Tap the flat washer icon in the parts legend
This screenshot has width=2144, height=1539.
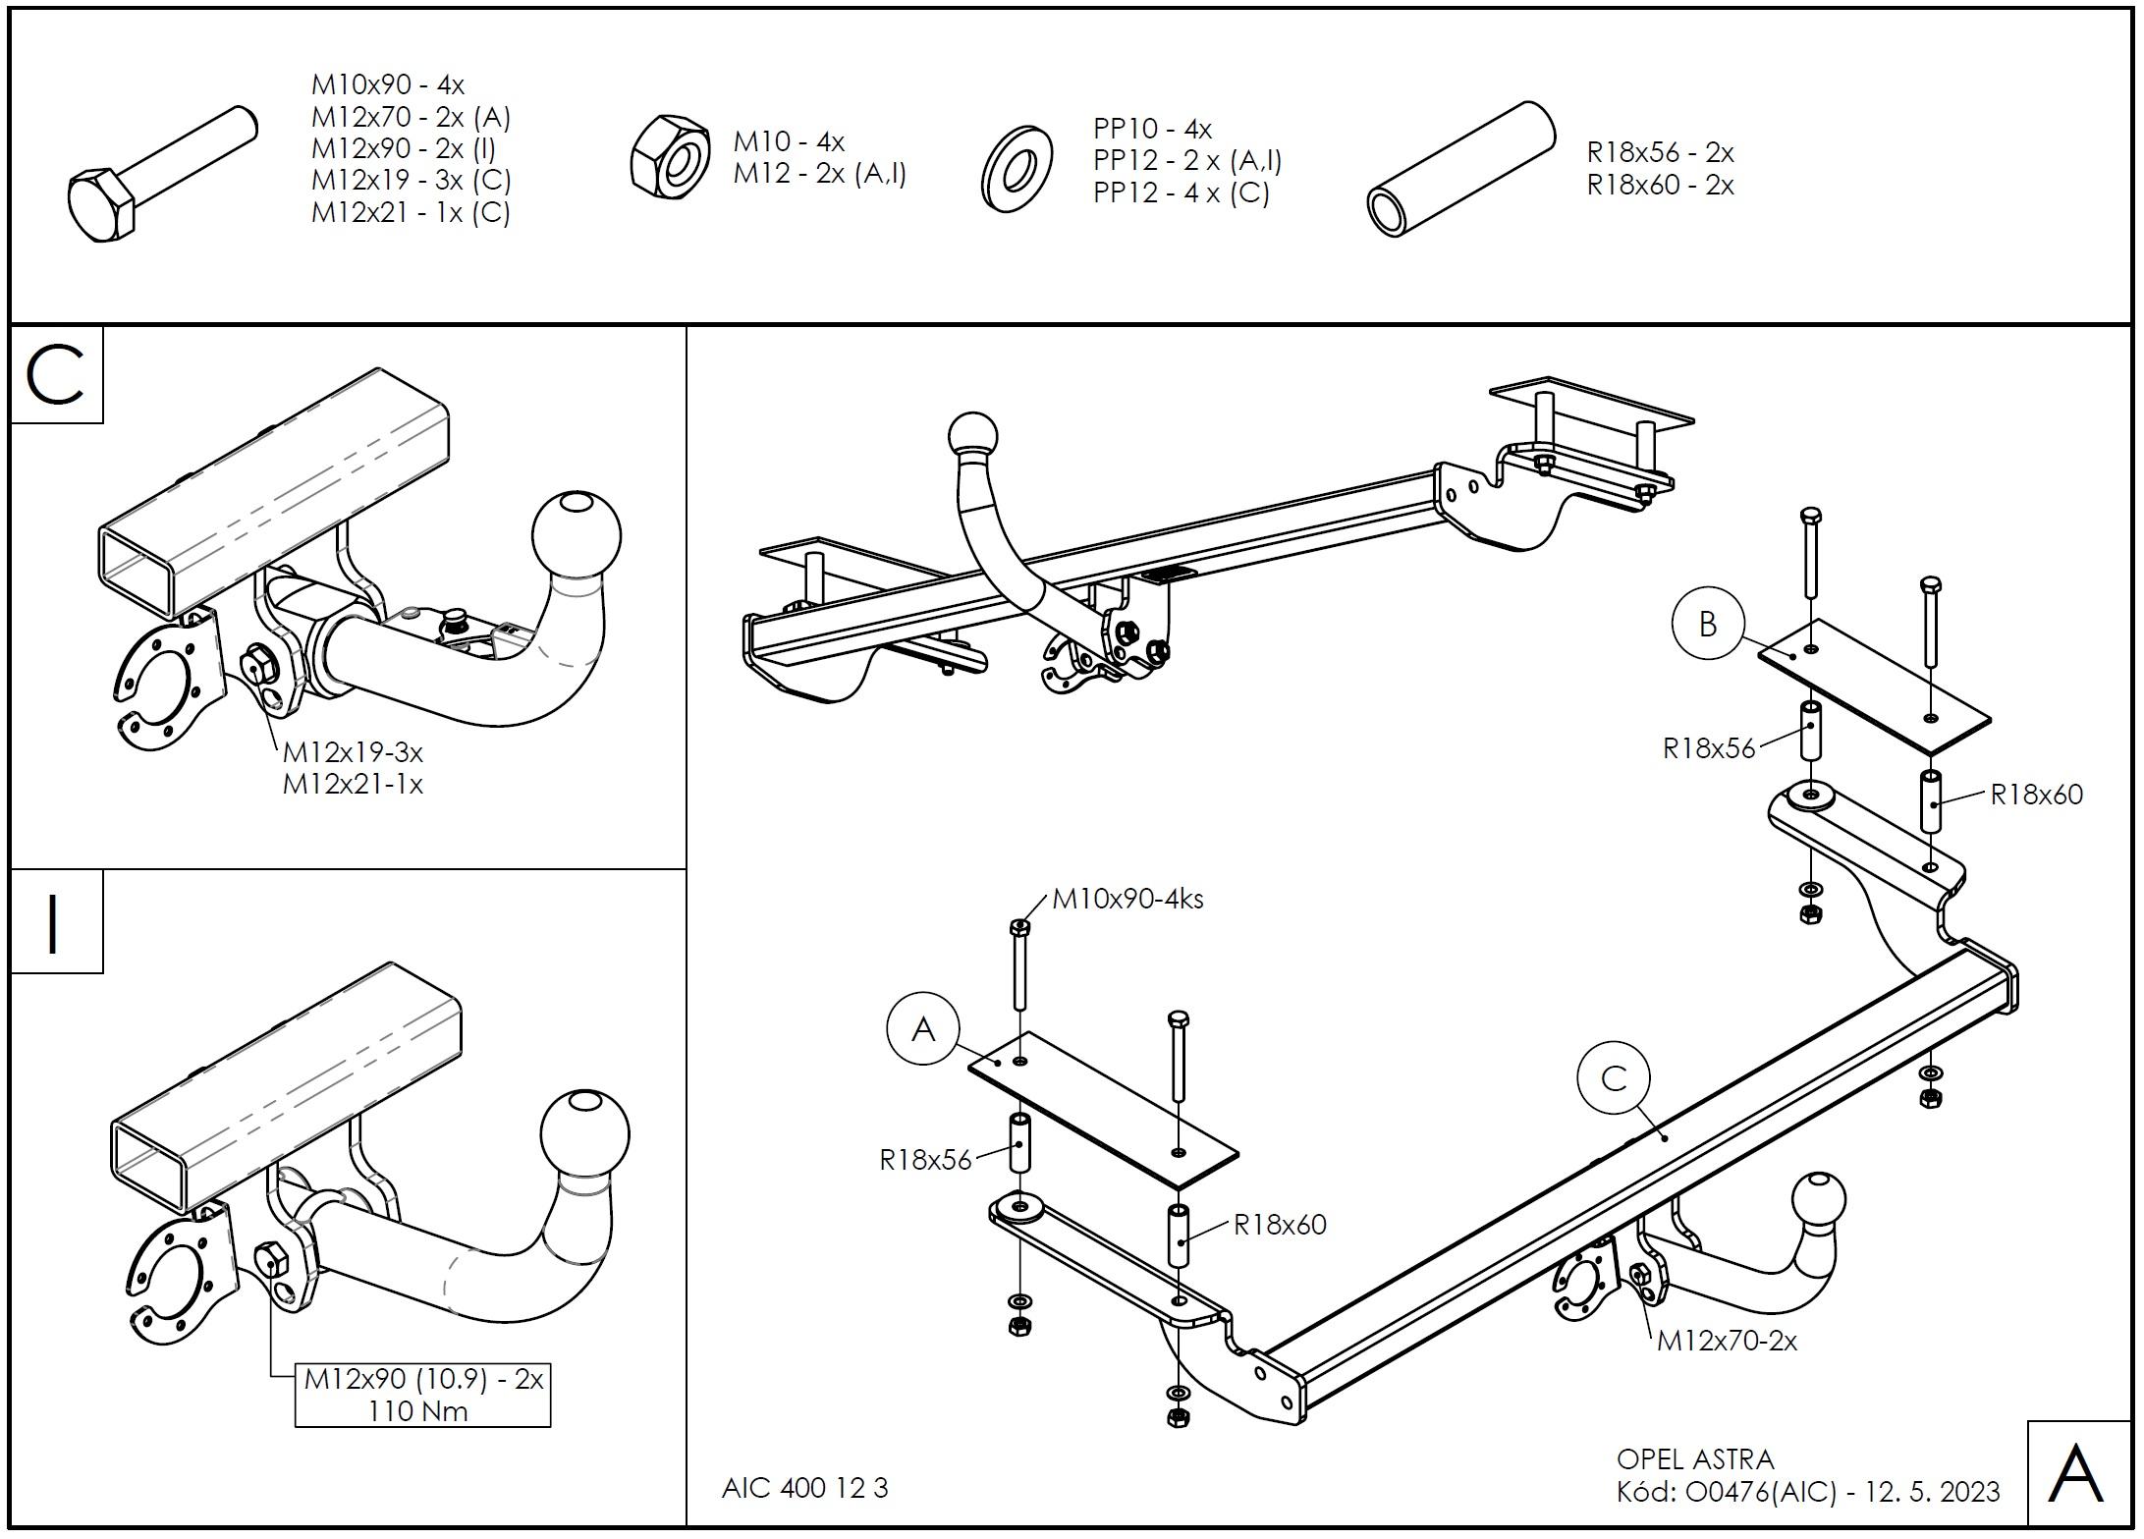[1016, 168]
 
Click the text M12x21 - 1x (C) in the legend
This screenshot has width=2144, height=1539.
[411, 213]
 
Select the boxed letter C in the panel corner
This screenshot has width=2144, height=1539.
[56, 376]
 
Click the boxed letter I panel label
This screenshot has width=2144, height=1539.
[55, 922]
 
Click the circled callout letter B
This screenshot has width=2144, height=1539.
[1708, 623]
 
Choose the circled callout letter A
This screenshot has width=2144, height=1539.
[923, 1029]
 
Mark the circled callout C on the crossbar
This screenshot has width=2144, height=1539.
[1614, 1078]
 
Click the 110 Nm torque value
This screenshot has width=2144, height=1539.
[417, 1411]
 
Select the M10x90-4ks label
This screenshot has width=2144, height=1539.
[1127, 899]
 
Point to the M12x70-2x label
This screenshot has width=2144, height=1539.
[1727, 1341]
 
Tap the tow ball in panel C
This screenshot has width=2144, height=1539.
[577, 535]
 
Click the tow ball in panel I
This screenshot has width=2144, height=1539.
[584, 1133]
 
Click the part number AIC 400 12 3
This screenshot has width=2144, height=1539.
[804, 1489]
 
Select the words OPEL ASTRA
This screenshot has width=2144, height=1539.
[1695, 1459]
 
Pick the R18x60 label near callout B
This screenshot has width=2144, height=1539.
[2036, 795]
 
